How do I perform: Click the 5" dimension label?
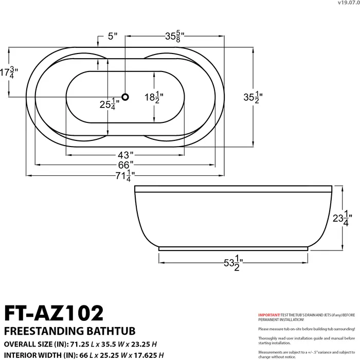click(x=112, y=37)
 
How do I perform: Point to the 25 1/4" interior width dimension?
click(x=109, y=105)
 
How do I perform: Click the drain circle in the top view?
click(x=125, y=96)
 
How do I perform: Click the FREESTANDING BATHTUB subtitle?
click(x=57, y=330)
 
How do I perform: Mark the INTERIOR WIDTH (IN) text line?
click(x=84, y=355)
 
